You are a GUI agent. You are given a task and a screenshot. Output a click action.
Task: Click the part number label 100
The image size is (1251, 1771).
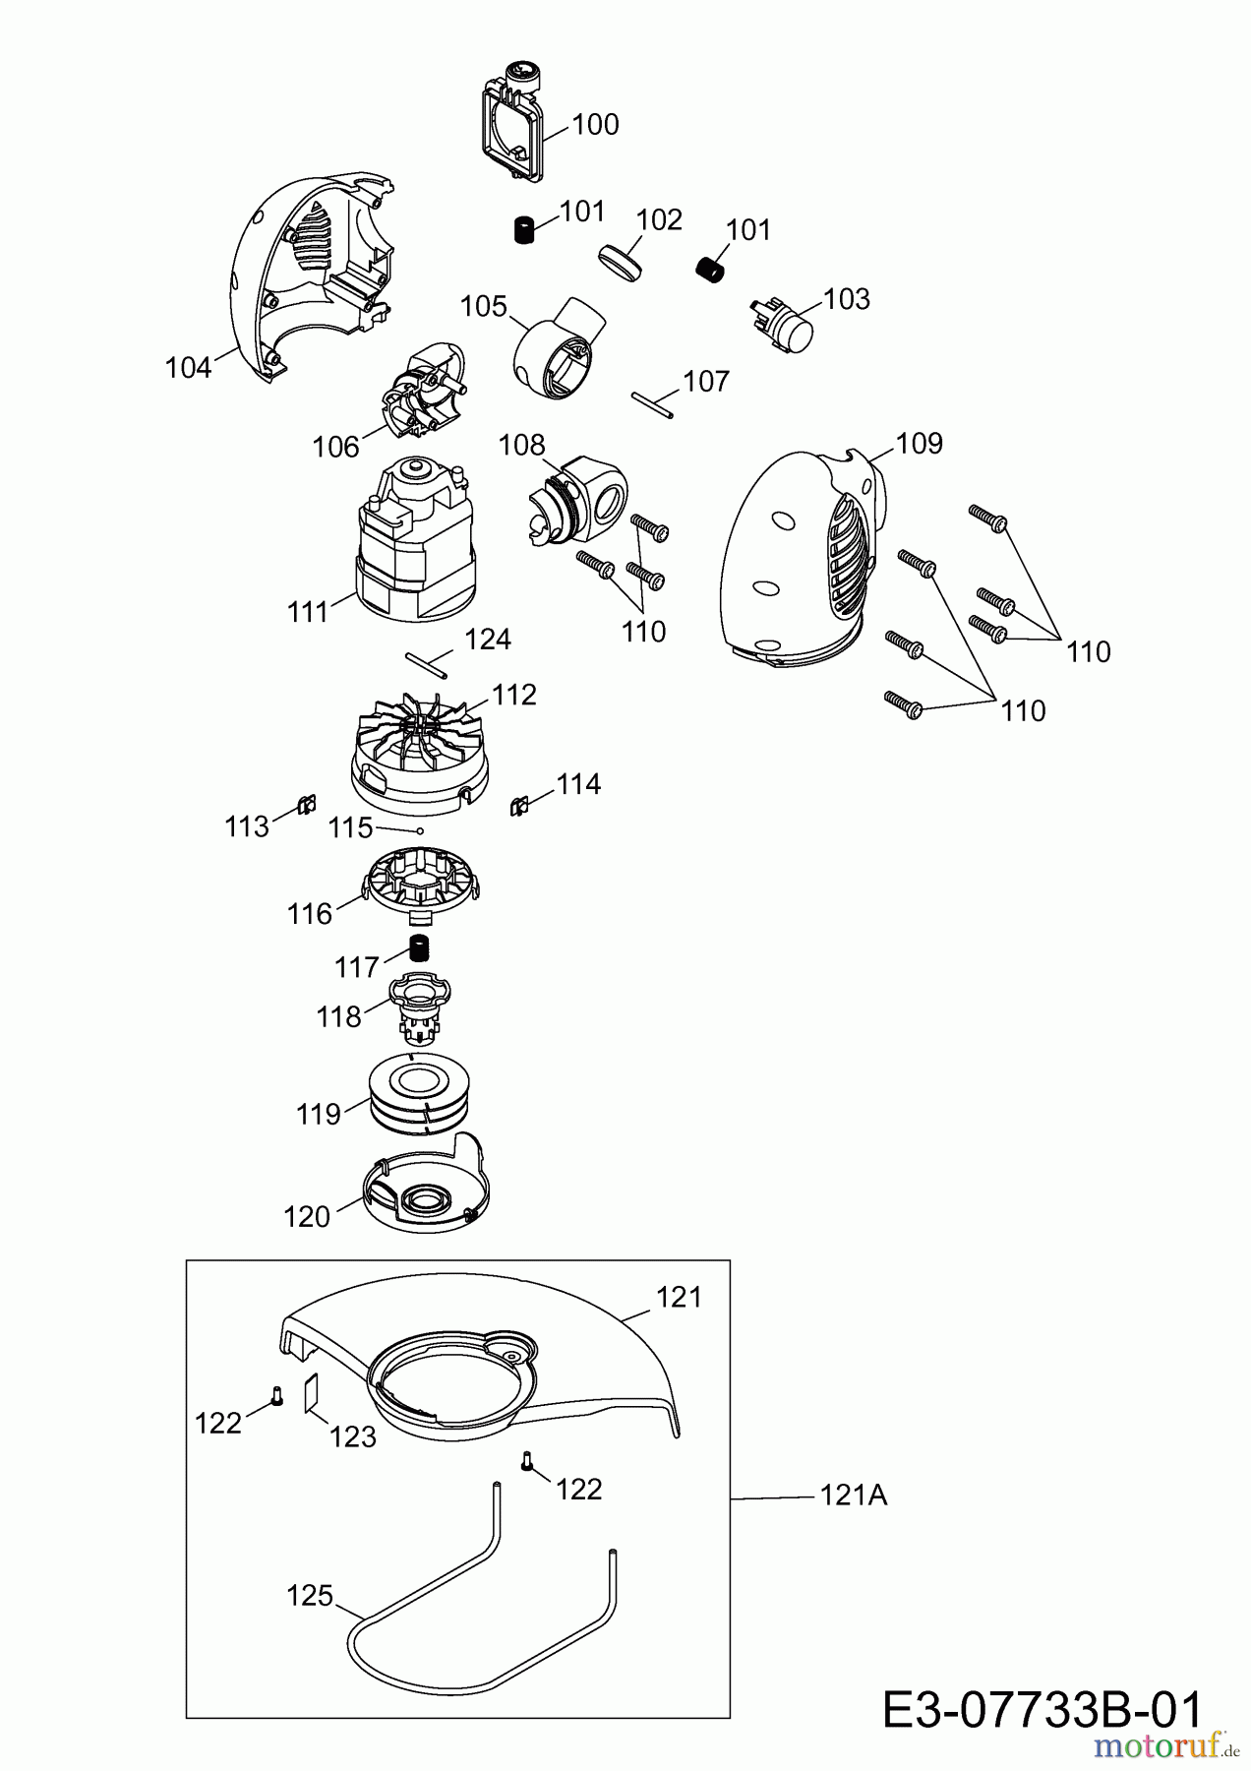click(x=595, y=125)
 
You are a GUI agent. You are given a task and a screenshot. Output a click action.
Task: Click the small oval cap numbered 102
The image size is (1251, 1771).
click(x=619, y=263)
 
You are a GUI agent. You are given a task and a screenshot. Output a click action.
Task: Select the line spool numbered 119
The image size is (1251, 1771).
click(x=424, y=1092)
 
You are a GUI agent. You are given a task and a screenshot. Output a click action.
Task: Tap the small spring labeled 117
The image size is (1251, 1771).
click(x=422, y=948)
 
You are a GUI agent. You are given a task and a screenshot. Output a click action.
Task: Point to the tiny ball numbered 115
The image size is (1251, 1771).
click(x=420, y=830)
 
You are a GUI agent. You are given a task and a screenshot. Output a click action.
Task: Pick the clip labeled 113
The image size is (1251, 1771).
click(x=305, y=806)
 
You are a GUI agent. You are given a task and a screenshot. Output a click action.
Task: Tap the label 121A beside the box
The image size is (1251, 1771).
click(x=853, y=1496)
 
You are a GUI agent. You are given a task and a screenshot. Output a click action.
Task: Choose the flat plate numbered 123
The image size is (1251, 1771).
click(x=312, y=1393)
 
